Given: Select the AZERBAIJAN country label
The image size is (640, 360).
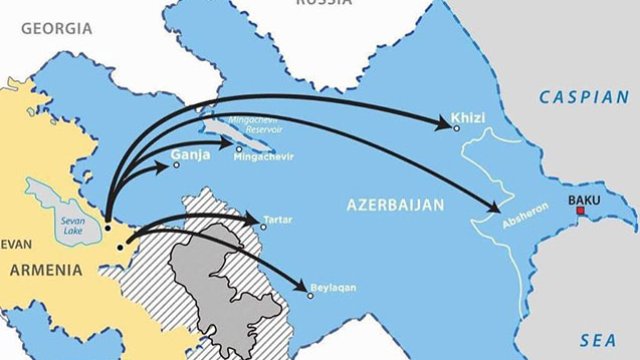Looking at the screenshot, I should click(394, 204).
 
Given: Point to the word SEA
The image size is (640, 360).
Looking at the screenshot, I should click(601, 340).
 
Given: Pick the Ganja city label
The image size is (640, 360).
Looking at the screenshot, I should click(190, 155).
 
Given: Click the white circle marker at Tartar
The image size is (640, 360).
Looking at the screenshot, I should click(263, 227).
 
